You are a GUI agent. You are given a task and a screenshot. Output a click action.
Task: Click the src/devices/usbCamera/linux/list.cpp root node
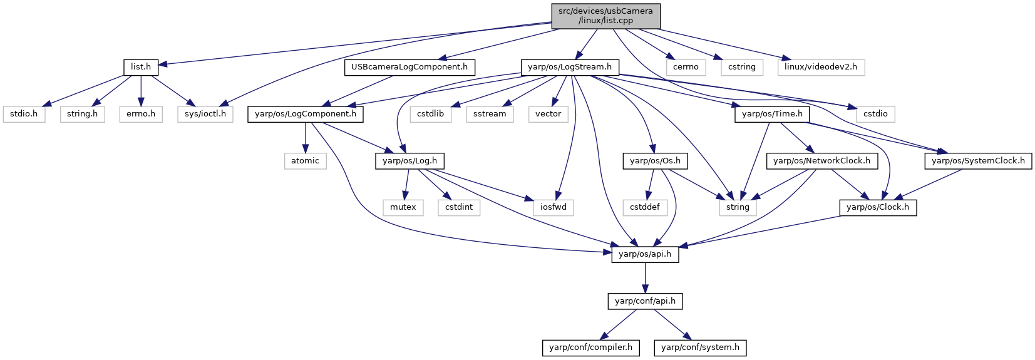(x=605, y=16)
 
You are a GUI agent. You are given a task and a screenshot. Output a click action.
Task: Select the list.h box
(x=141, y=68)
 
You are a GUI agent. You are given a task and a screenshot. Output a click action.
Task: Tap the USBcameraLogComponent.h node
(x=409, y=68)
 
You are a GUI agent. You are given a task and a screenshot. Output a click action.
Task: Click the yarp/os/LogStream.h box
(x=570, y=68)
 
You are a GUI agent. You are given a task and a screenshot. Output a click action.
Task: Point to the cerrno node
(x=686, y=68)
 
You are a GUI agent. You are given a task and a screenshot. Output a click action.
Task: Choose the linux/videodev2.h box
(x=821, y=68)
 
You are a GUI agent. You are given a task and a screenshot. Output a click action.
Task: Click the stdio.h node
(x=24, y=114)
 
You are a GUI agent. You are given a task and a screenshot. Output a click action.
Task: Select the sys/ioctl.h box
(x=205, y=114)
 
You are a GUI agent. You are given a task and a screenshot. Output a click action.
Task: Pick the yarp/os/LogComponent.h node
(x=306, y=114)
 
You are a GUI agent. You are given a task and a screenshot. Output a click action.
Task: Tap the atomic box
(x=305, y=161)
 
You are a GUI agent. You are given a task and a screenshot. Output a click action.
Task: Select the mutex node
(x=403, y=207)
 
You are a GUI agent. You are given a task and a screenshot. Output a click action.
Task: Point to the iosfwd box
(x=554, y=207)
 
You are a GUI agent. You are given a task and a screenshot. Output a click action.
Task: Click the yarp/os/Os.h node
(x=655, y=161)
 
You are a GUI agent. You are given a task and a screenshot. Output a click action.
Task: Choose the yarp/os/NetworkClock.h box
(x=821, y=161)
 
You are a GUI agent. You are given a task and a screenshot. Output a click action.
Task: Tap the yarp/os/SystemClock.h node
(x=978, y=161)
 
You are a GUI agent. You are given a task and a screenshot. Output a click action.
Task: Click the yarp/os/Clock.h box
(x=878, y=207)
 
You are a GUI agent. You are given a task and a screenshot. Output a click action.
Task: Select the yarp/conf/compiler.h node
(x=591, y=347)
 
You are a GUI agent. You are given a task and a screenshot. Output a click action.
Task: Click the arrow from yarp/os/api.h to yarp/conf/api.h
(x=645, y=278)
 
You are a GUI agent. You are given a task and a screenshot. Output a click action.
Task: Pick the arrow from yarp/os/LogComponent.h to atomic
(x=305, y=138)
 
